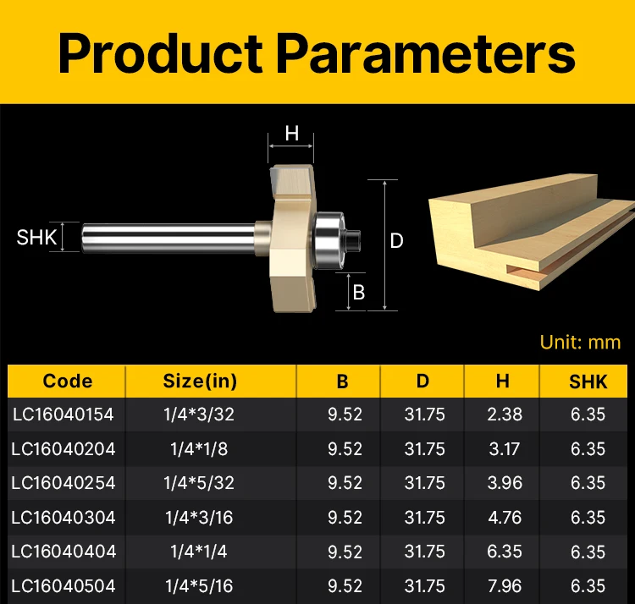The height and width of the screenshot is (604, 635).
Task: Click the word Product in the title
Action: (x=160, y=53)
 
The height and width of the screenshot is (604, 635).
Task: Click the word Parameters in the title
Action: (x=426, y=53)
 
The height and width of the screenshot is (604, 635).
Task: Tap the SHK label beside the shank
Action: (x=36, y=237)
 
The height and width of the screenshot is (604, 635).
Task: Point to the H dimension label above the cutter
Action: (x=291, y=134)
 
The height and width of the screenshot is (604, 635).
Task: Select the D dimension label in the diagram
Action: (x=396, y=241)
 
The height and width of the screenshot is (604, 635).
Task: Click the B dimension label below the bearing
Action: (x=359, y=292)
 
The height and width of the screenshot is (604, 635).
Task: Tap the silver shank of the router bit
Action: (x=168, y=239)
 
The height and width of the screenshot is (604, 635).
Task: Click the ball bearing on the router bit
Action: (x=329, y=241)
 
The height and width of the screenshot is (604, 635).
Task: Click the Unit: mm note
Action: (x=580, y=343)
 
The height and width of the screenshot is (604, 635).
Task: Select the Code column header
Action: (x=68, y=381)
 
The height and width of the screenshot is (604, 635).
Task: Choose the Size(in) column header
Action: (x=200, y=381)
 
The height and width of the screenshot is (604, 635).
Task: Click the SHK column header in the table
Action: (x=588, y=382)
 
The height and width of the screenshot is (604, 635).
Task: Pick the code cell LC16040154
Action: (x=63, y=415)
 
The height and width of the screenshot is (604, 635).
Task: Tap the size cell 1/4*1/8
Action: (x=199, y=449)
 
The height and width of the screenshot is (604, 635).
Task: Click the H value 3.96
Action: (x=505, y=483)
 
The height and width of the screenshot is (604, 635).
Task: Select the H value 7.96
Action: (x=505, y=586)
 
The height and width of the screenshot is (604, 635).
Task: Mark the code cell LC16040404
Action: (x=63, y=552)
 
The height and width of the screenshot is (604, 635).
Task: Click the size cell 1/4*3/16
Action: (x=199, y=518)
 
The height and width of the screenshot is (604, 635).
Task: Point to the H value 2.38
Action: (x=505, y=415)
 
